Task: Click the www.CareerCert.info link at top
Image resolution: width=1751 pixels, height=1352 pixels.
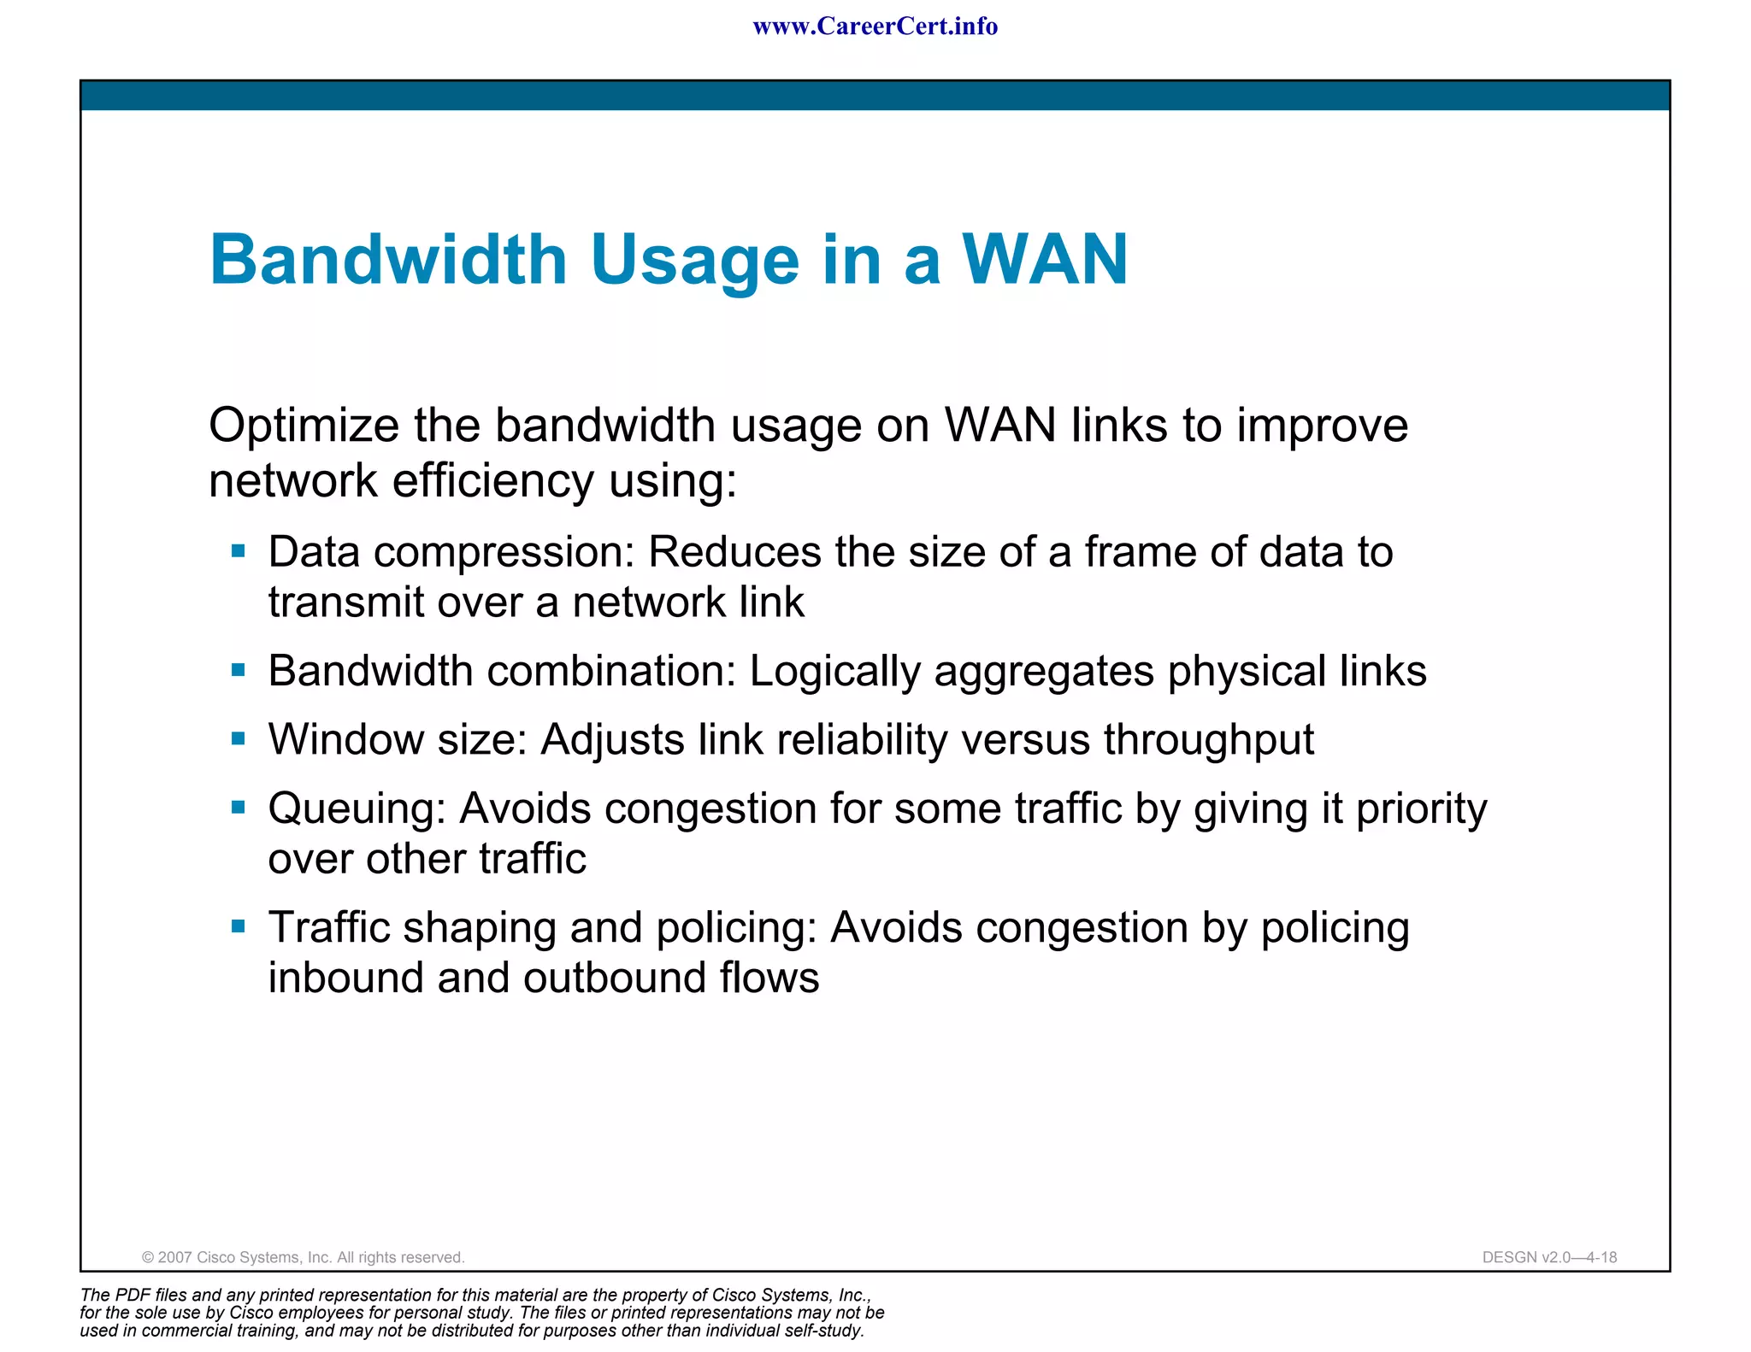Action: point(875,26)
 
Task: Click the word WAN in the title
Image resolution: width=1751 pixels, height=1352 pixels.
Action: point(1045,259)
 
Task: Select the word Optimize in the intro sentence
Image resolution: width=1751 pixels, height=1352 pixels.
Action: point(304,426)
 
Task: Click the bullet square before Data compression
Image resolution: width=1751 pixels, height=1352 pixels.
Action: point(239,551)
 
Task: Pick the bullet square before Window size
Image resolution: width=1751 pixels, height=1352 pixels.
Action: point(239,738)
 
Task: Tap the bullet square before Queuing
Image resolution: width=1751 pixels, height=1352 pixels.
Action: point(239,807)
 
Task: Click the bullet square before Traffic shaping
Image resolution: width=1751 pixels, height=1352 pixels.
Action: point(239,926)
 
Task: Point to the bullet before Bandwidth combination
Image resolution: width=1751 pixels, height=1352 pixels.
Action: point(239,670)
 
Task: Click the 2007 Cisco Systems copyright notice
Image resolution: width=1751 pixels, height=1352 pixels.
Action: point(303,1257)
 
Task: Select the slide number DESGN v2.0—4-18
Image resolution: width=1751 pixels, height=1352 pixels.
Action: point(1548,1257)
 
